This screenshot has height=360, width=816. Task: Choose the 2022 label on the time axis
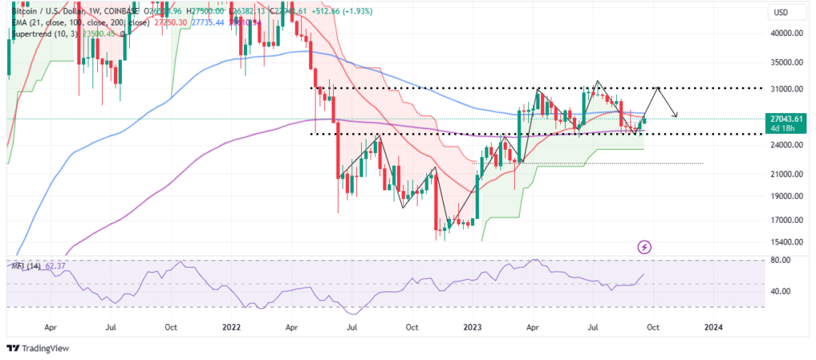(232, 327)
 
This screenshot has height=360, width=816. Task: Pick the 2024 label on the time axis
(714, 327)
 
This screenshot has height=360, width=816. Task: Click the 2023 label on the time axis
(473, 327)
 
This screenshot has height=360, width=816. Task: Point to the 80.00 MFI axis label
(780, 260)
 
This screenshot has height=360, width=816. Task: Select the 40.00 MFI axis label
(780, 292)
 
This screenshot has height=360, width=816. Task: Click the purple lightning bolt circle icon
(644, 248)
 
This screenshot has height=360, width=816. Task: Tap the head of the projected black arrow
(677, 116)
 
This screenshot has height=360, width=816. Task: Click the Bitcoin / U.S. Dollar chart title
(56, 11)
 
